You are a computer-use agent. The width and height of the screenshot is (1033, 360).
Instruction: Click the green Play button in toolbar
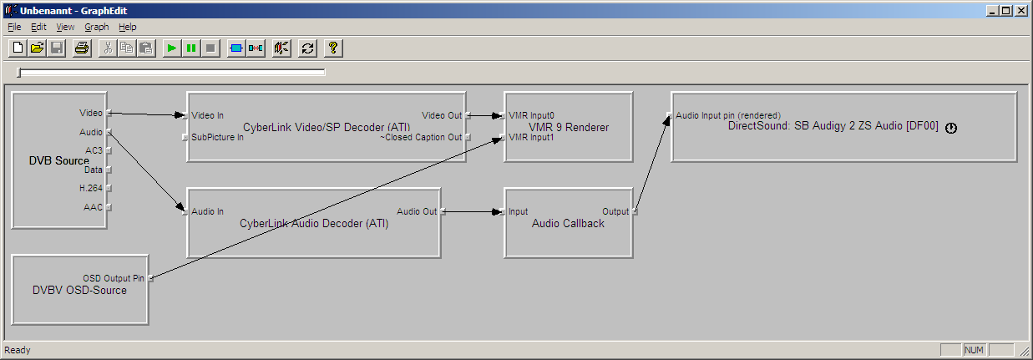tap(171, 48)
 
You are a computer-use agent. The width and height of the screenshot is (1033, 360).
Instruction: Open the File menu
tap(14, 27)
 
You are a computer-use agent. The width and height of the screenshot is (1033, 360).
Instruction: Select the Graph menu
tap(97, 27)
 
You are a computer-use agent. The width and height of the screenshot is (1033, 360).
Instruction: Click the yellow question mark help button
tap(332, 48)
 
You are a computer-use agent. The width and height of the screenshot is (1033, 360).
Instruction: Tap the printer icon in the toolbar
tap(81, 48)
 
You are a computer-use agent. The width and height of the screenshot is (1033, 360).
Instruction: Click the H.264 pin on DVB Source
tap(91, 188)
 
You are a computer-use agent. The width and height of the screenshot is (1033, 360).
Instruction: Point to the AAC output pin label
tap(93, 206)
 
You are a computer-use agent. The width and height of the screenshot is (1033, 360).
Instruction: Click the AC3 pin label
tap(94, 150)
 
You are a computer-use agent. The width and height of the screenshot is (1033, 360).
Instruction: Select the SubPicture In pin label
tap(217, 137)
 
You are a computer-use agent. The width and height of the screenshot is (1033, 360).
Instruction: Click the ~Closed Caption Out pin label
tap(421, 137)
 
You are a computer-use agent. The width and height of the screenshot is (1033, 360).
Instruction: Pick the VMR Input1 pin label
tap(531, 137)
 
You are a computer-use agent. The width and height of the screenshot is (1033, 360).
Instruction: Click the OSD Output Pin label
tap(113, 278)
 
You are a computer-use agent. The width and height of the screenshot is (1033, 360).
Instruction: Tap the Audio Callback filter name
tap(568, 223)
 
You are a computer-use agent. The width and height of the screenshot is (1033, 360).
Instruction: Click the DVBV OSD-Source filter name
tap(79, 290)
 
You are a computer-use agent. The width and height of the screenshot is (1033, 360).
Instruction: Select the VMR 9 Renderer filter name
tap(569, 128)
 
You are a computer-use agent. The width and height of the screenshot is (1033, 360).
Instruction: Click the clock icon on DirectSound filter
tap(950, 128)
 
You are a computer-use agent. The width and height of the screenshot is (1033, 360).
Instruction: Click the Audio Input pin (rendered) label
tap(727, 115)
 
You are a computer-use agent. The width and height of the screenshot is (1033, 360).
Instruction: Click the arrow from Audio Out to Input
tap(472, 211)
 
